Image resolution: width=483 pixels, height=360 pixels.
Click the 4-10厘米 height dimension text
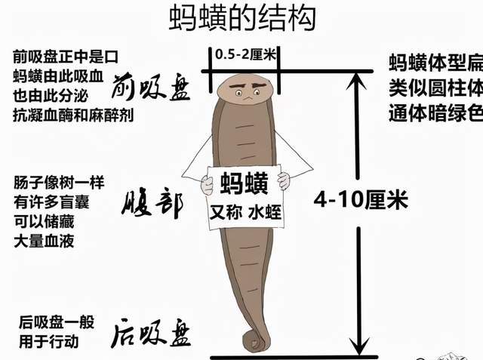point(361,200)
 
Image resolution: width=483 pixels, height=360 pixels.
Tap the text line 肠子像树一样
point(58,183)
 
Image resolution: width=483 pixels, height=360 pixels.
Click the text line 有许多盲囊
point(58,203)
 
